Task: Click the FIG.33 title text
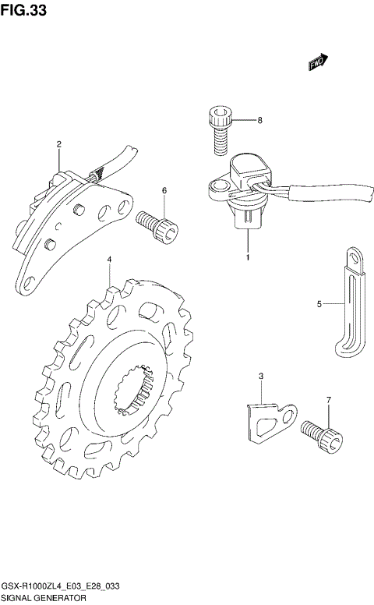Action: click(x=23, y=9)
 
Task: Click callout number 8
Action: click(x=260, y=120)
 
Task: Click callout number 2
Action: click(x=59, y=144)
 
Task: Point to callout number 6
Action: click(x=164, y=190)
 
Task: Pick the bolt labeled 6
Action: click(x=157, y=227)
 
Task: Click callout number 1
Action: click(x=248, y=257)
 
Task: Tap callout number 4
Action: click(x=110, y=260)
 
